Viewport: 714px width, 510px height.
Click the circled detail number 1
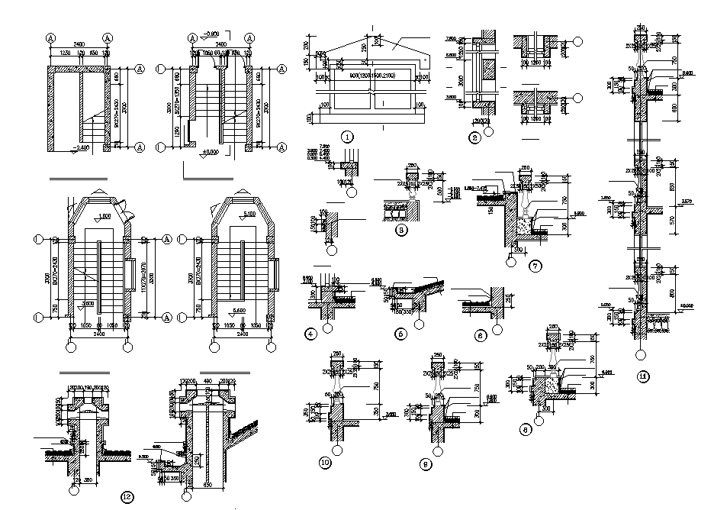click(x=347, y=137)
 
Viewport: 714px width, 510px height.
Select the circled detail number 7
click(x=534, y=265)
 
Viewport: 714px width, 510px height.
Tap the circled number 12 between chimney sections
click(x=127, y=497)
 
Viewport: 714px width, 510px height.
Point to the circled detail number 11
click(x=644, y=376)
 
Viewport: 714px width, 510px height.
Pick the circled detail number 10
click(x=325, y=462)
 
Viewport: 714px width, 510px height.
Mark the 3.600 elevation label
click(x=88, y=303)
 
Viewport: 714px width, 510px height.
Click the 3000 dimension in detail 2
click(x=459, y=79)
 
